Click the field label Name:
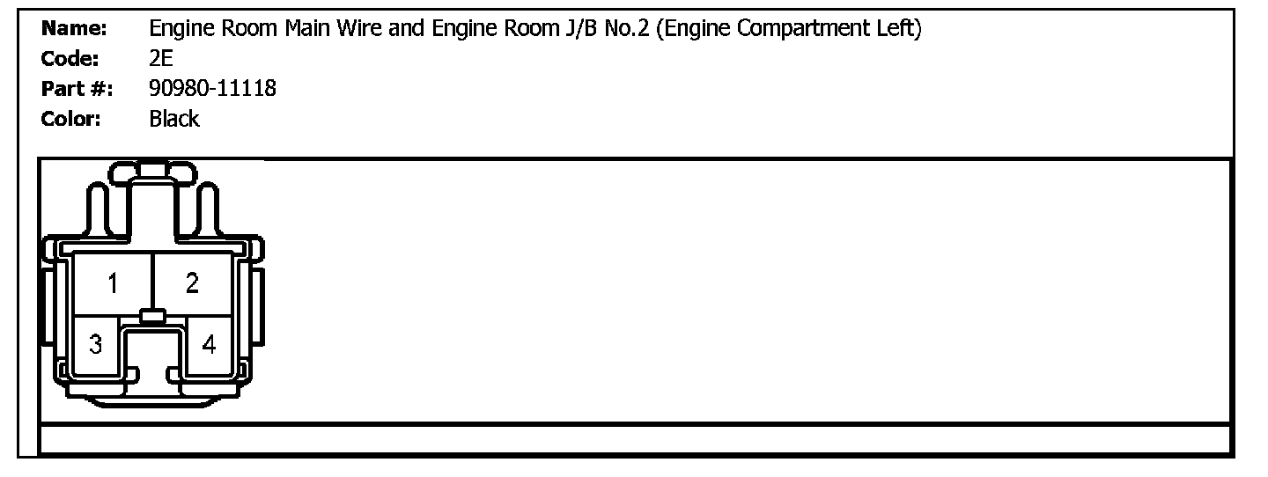click(x=74, y=29)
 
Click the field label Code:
click(x=71, y=59)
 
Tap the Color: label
click(x=71, y=119)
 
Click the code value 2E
click(x=161, y=59)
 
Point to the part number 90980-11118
click(x=212, y=89)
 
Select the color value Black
click(x=174, y=119)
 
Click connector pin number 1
click(x=114, y=283)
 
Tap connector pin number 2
click(x=192, y=283)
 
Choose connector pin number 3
click(x=95, y=344)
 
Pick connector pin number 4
click(x=209, y=344)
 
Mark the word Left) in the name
click(x=903, y=29)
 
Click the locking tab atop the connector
click(x=152, y=170)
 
